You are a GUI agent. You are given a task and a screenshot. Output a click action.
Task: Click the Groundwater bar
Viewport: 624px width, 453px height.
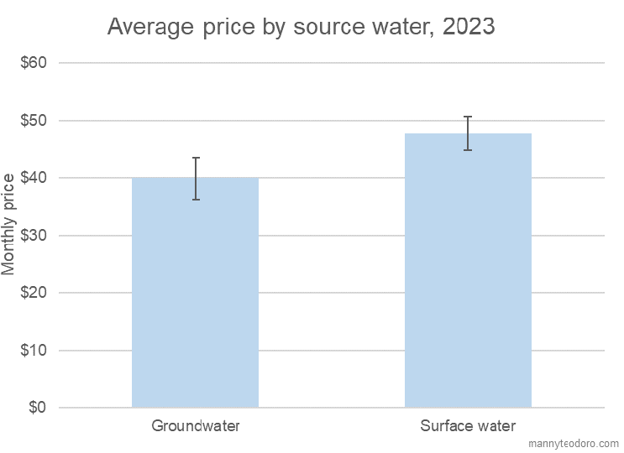point(195,294)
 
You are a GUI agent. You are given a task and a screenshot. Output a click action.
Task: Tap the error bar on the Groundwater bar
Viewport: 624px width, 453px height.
point(196,179)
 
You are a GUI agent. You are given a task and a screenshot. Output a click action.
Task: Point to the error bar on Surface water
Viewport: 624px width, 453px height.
point(469,133)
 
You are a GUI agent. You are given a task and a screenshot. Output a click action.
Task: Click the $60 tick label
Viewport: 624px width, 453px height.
point(34,63)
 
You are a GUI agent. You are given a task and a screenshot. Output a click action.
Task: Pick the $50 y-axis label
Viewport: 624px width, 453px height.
point(34,121)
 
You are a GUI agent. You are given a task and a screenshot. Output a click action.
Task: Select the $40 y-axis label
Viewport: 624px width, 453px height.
point(34,178)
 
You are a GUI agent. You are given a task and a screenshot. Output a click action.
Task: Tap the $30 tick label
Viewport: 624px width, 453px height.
point(34,236)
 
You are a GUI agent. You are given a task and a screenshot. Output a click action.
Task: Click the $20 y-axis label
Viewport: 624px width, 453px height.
point(34,293)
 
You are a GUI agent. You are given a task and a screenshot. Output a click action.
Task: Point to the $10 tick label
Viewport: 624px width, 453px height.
point(34,351)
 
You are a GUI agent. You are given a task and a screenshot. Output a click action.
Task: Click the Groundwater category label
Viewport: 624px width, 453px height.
point(196,426)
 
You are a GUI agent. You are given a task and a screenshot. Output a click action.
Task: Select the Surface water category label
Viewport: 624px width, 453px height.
point(468,426)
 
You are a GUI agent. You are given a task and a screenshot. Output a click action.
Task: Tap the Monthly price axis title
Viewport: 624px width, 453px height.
point(9,224)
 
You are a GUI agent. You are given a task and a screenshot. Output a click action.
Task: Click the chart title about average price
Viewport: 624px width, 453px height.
point(301,27)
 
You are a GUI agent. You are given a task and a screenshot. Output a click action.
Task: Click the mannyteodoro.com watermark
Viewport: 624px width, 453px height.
point(574,444)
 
